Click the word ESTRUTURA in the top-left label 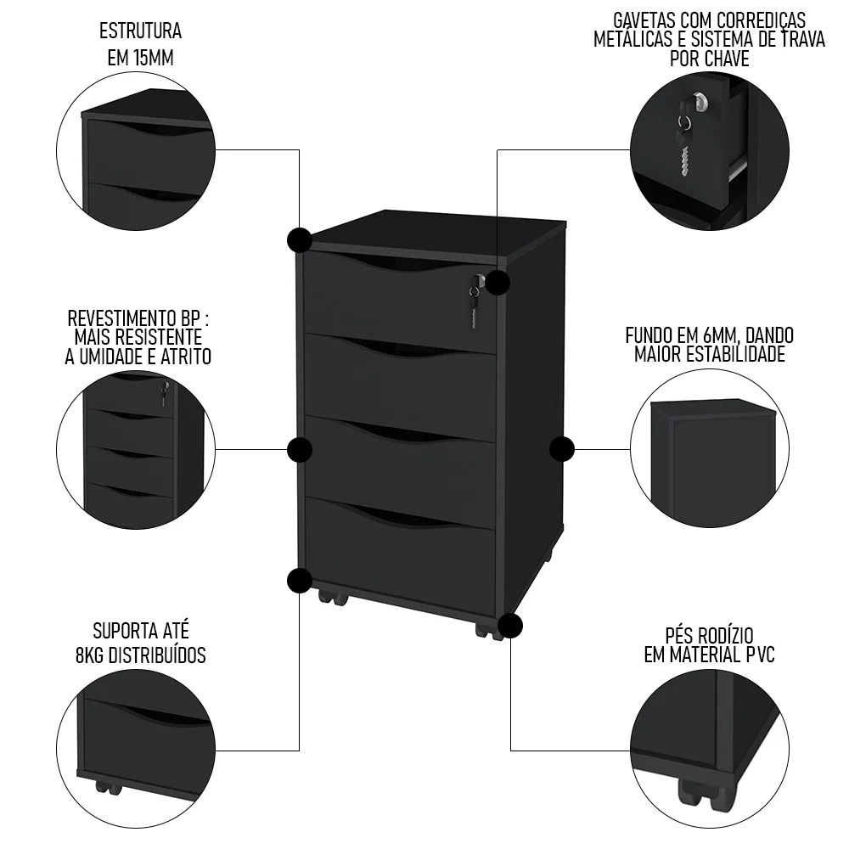coord(140,32)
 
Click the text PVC coord(755,655)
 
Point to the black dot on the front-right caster coord(509,626)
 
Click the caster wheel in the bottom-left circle coord(108,786)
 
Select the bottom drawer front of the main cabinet coord(399,548)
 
